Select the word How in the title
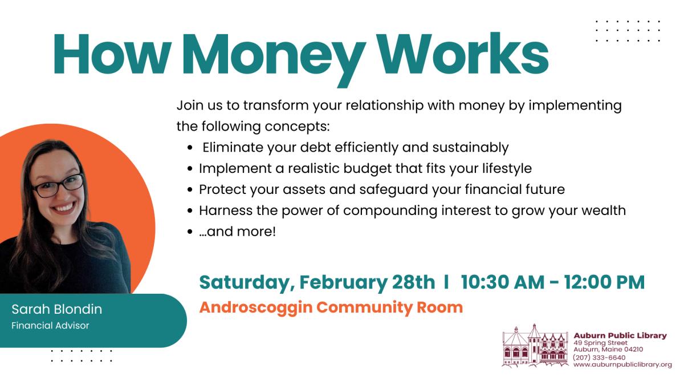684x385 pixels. (112, 54)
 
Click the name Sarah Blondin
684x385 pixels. (57, 309)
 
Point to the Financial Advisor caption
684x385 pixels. (50, 326)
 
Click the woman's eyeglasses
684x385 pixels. (58, 186)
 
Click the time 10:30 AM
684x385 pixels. (503, 282)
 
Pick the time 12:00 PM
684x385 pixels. (604, 282)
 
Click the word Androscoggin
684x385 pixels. (256, 307)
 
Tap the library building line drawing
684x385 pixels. (535, 346)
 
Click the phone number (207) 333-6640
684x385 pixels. (599, 357)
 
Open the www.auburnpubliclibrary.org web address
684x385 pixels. (622, 364)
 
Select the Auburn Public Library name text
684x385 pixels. (620, 335)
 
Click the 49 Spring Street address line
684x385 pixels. (600, 343)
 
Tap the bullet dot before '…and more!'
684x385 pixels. (190, 232)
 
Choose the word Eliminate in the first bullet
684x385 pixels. (233, 147)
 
